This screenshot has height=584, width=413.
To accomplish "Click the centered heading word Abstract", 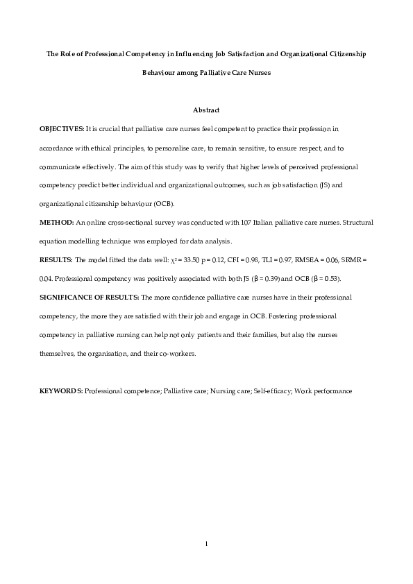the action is point(206,110).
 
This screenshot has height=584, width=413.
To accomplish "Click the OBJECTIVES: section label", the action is point(62,129).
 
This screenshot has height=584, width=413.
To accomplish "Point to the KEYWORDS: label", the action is point(61,390).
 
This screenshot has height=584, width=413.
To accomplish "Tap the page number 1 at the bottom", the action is point(206,542).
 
